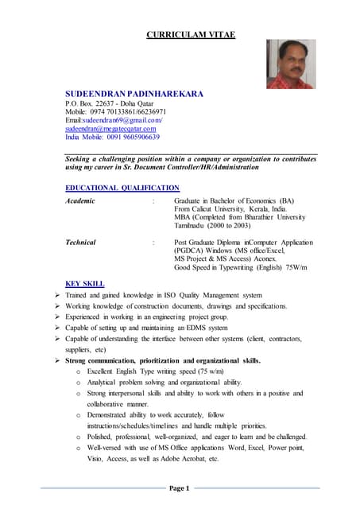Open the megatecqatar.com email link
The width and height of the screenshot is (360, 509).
[110, 128]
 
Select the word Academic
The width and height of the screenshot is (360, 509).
[79, 200]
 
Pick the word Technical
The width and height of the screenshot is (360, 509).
[81, 242]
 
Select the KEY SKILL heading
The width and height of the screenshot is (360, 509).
[85, 283]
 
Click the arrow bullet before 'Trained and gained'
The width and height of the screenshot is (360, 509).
[58, 295]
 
